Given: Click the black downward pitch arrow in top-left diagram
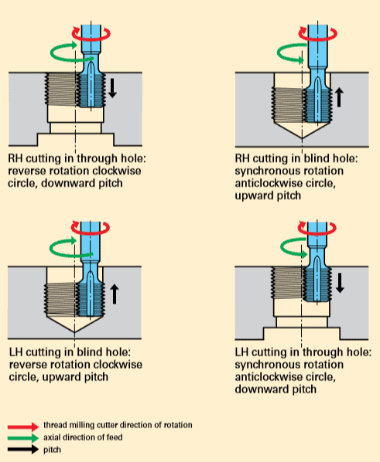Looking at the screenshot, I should click(x=113, y=87).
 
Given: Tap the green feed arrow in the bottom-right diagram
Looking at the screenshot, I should click(x=290, y=246).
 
